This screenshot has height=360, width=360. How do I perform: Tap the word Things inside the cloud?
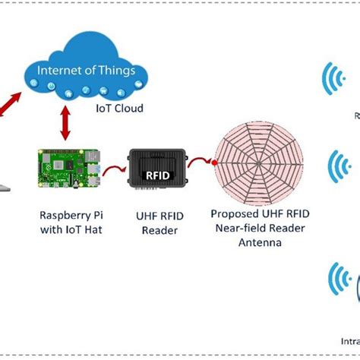pyautogui.click(x=115, y=71)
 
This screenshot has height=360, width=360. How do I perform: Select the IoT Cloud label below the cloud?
pyautogui.click(x=120, y=109)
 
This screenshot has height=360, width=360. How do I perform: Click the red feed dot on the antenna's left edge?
pyautogui.click(x=216, y=163)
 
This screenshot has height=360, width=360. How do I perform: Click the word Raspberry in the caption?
pyautogui.click(x=54, y=215)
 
